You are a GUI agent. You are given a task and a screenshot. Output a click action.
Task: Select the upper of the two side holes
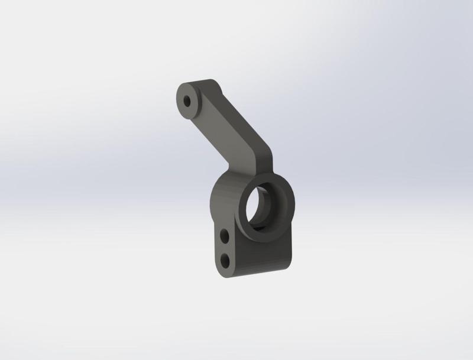(225, 237)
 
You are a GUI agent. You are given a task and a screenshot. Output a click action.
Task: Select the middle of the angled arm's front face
(228, 124)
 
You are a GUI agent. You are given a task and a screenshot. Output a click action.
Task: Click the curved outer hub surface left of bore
(222, 201)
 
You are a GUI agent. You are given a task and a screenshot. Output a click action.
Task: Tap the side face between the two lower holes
(225, 248)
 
